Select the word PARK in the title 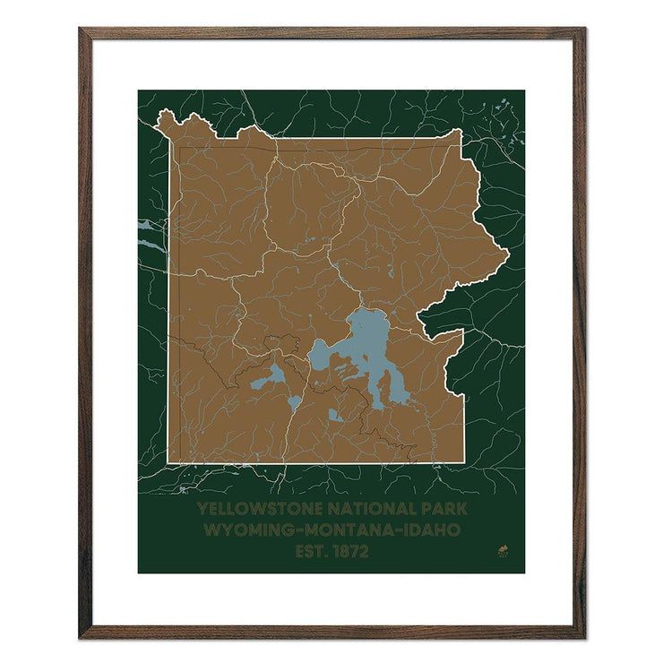tap(443, 509)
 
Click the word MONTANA tap(347, 530)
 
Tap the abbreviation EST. tap(312, 552)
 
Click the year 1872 tap(350, 552)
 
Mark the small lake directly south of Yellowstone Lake tap(335, 415)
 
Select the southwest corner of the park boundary tap(168, 462)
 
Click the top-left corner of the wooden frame tap(81, 30)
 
